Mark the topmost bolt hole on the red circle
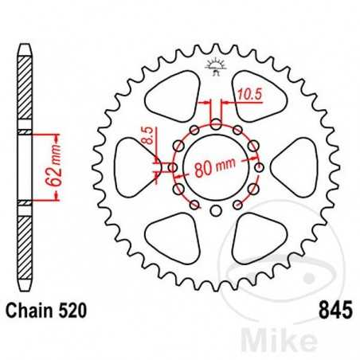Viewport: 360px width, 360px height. click(216, 123)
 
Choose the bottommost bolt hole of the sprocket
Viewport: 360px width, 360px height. click(216, 211)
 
